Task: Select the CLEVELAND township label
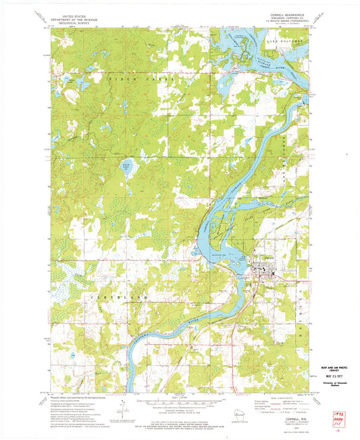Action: (x=106, y=297)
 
